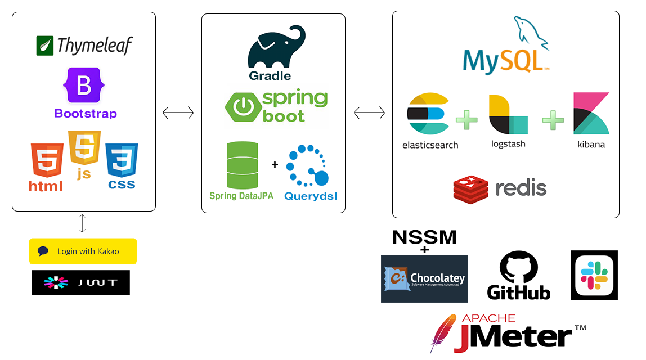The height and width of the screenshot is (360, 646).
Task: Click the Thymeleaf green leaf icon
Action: [45, 46]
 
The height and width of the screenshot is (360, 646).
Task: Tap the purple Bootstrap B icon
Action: [84, 85]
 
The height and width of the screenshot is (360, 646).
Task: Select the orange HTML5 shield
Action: [47, 161]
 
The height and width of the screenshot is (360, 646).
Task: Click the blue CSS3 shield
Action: [121, 161]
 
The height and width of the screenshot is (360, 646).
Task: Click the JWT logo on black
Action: [56, 282]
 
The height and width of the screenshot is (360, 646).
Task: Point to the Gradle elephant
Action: [276, 48]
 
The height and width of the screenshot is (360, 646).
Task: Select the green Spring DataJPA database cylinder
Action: [242, 165]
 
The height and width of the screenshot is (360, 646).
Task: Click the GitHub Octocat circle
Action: [519, 268]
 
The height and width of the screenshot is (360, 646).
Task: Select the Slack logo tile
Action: [594, 275]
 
